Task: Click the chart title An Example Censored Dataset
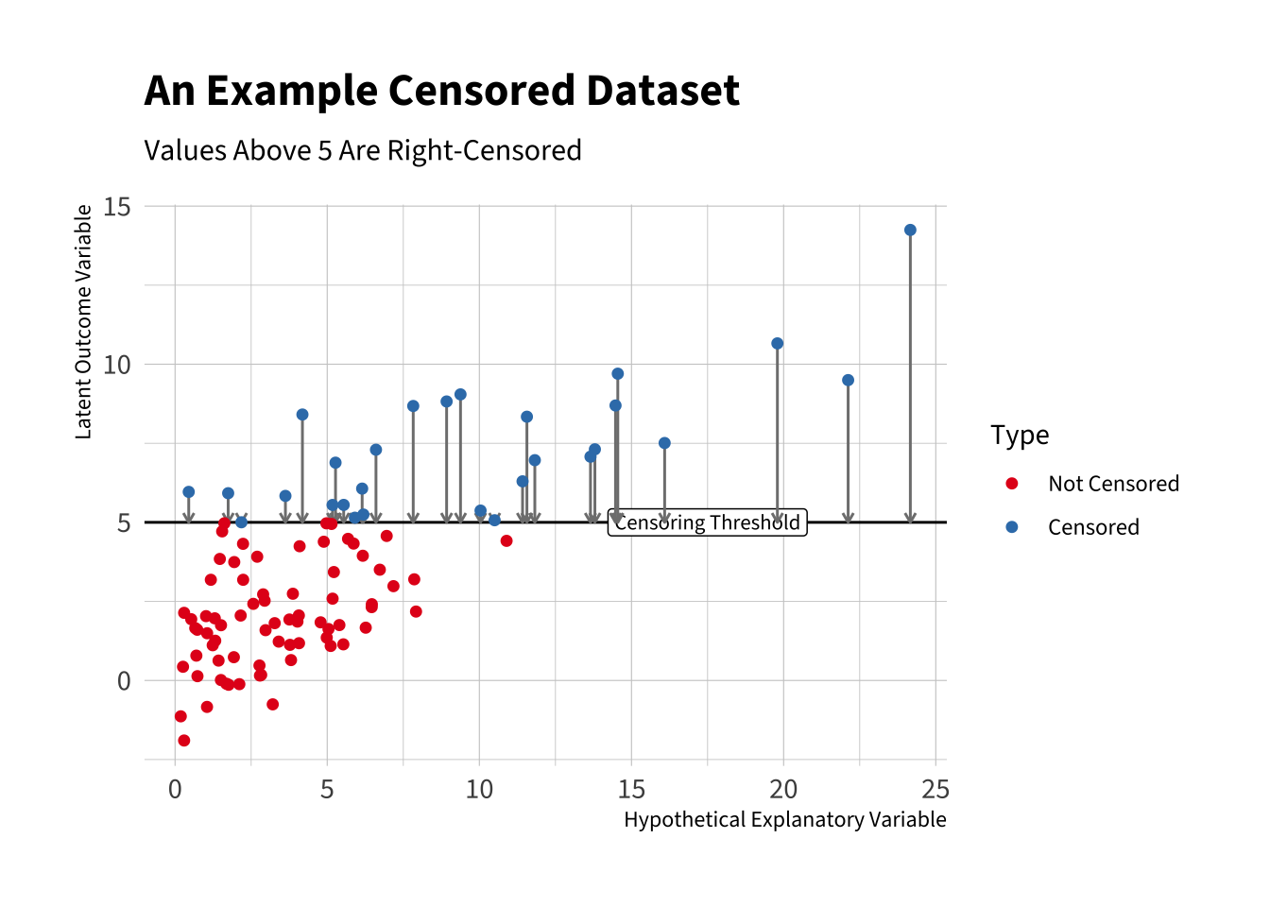[x=441, y=92]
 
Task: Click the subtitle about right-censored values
[x=363, y=151]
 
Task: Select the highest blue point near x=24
[x=910, y=231]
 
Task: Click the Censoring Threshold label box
[x=707, y=523]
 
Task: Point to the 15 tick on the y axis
[x=117, y=207]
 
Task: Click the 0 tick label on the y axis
[x=124, y=681]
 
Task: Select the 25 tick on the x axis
[x=935, y=790]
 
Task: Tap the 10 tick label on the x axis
[x=479, y=790]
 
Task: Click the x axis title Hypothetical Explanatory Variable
[x=784, y=820]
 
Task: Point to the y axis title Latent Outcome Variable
[x=84, y=322]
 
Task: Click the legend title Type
[x=1020, y=436]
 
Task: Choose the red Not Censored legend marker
[x=1012, y=484]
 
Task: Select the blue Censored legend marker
[x=1012, y=527]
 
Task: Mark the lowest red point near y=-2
[x=184, y=741]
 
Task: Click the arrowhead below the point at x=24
[x=910, y=517]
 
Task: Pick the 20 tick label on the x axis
[x=783, y=790]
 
